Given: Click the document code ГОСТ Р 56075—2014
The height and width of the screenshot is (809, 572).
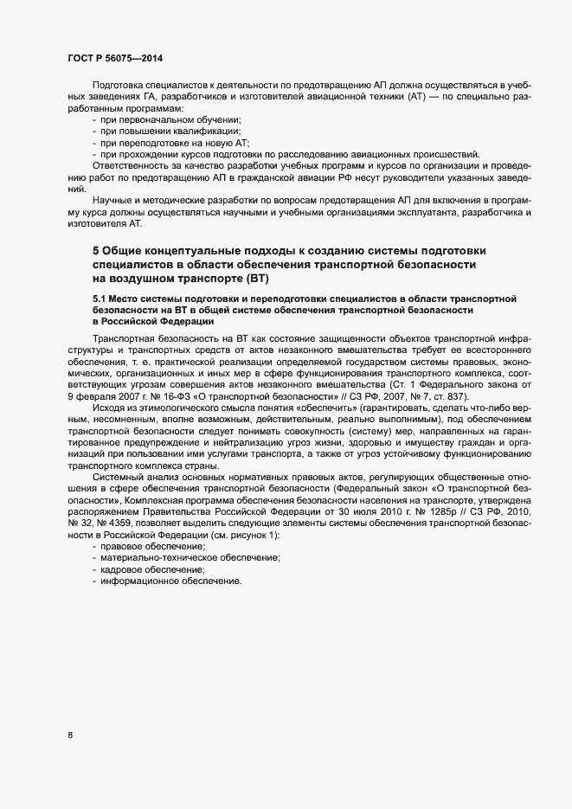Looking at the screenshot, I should coord(113,58).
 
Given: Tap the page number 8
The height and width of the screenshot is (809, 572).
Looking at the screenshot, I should coord(70,735).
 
